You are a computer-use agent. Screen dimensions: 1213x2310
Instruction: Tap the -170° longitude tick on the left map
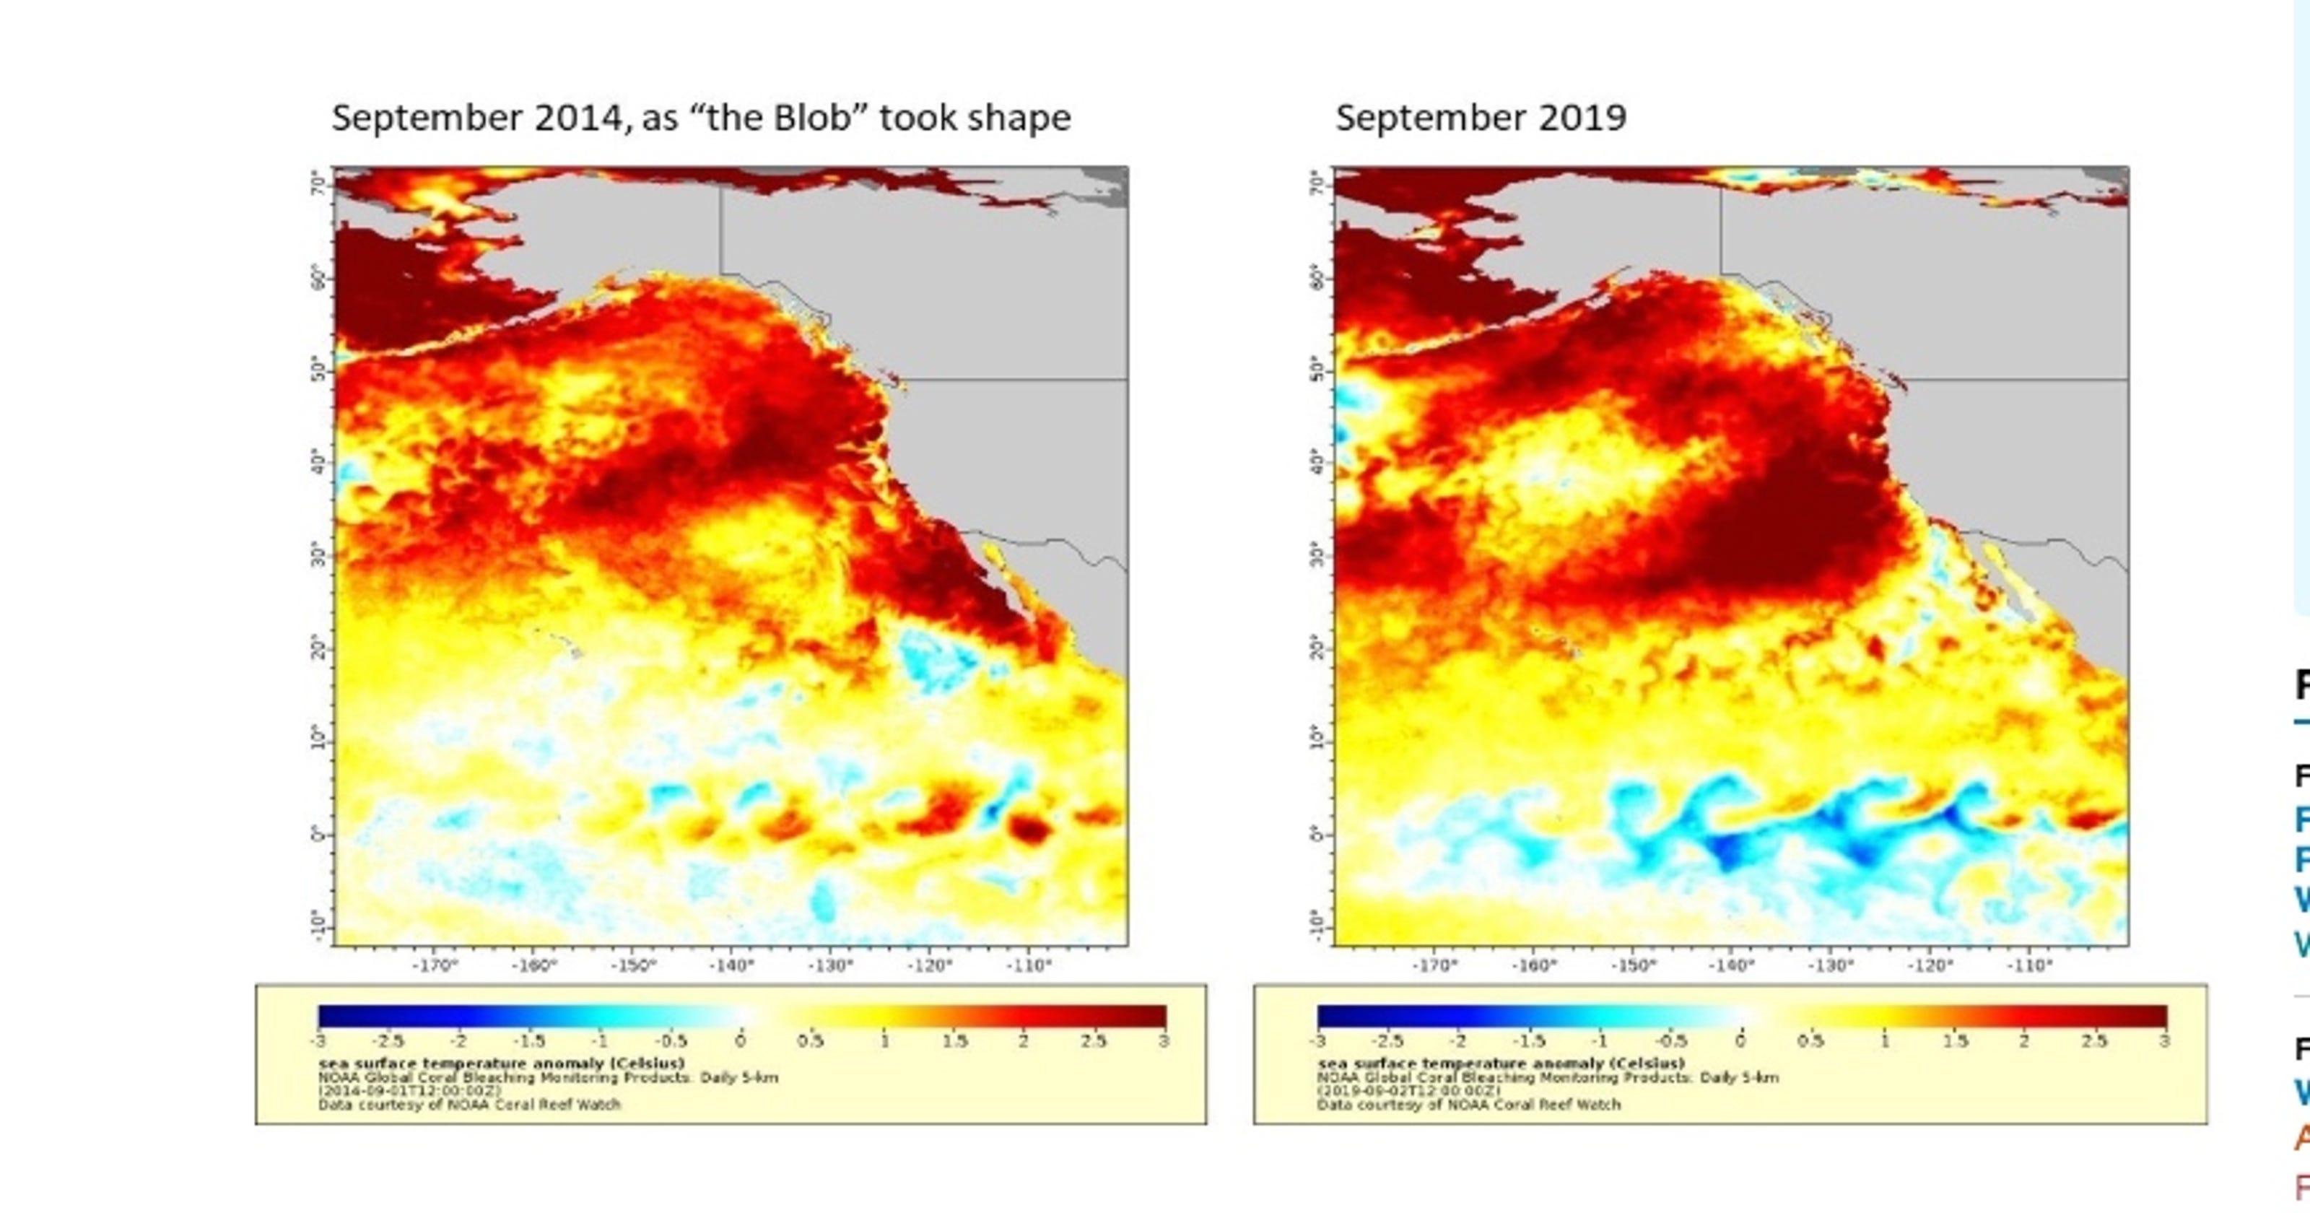[x=435, y=966]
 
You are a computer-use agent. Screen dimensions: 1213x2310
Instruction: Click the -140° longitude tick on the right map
[x=1731, y=966]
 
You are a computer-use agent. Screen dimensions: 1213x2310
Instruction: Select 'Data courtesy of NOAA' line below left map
[x=469, y=1105]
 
